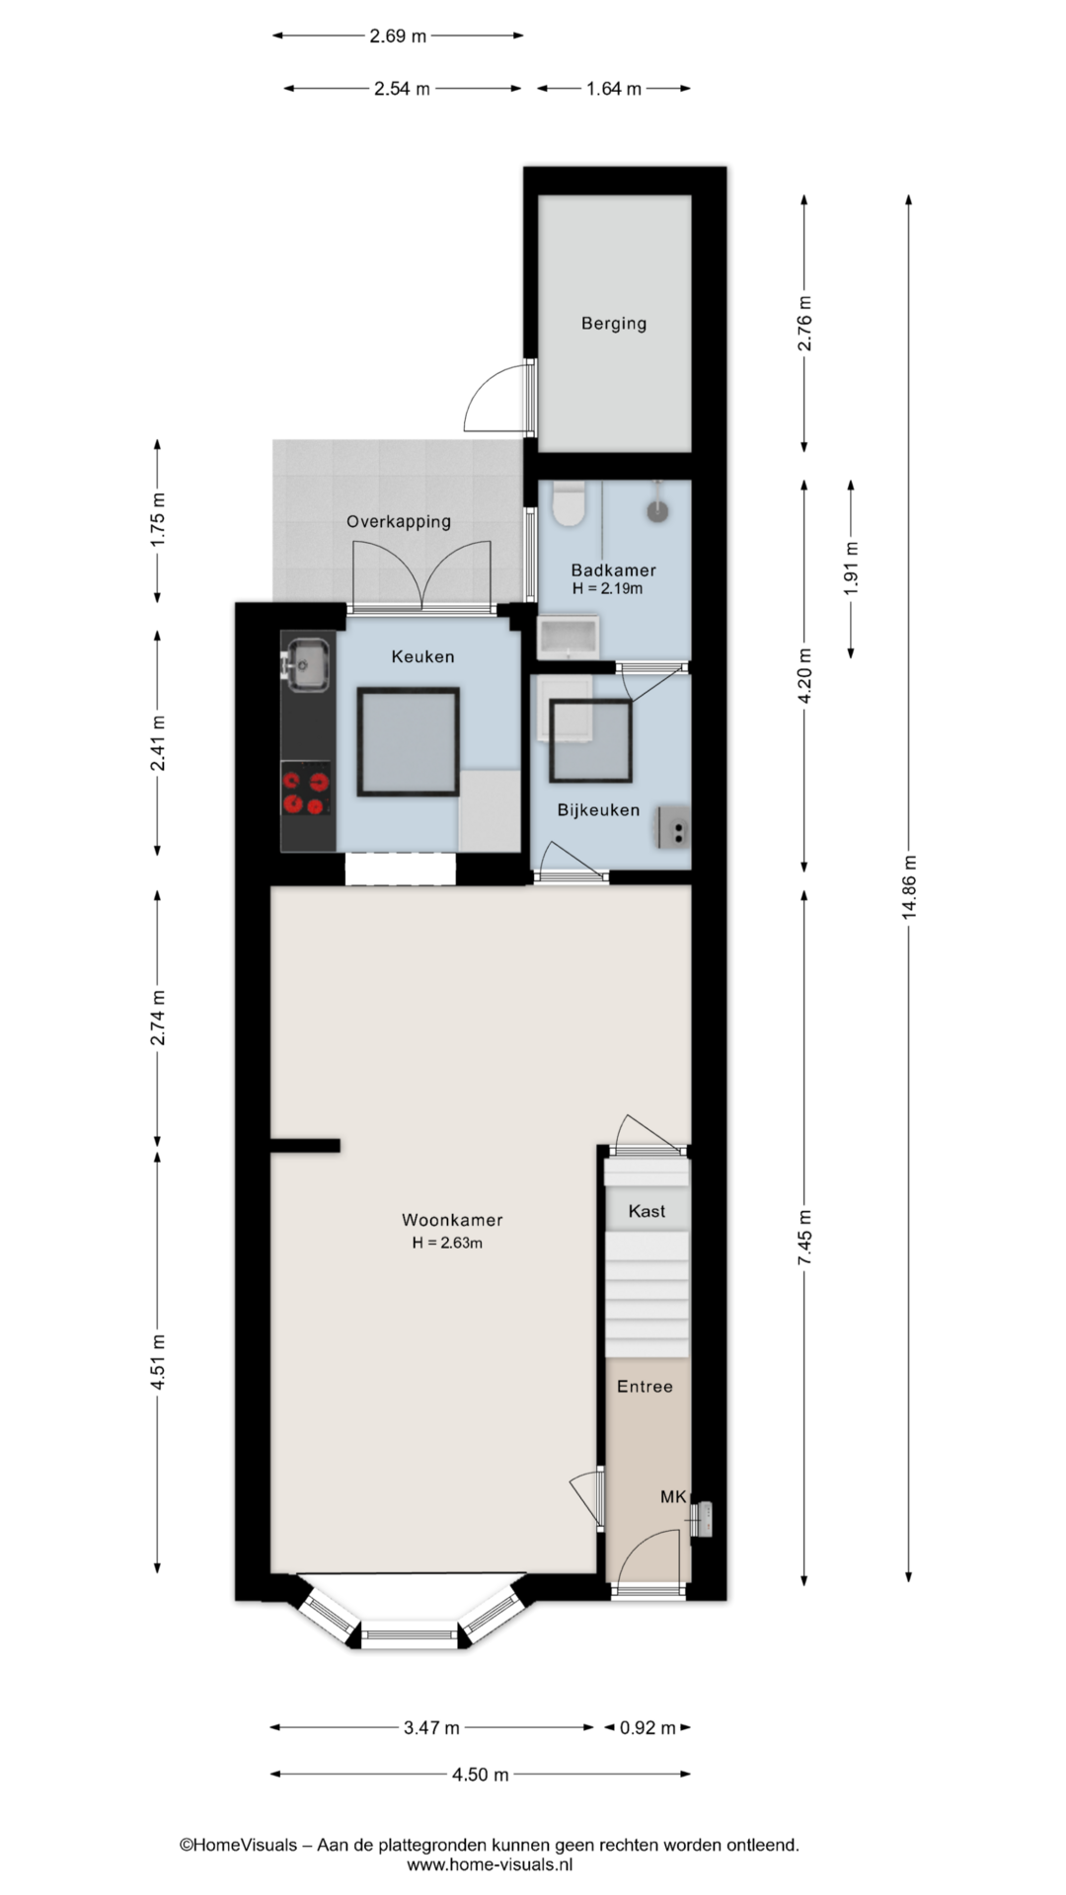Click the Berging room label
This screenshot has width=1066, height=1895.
click(x=614, y=323)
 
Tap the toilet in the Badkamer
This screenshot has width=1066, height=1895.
click(x=568, y=502)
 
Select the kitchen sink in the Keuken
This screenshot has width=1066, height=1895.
click(x=307, y=663)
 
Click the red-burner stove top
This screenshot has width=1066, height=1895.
click(x=306, y=792)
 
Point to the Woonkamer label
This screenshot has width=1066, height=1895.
click(x=452, y=1220)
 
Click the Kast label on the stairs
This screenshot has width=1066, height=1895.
click(x=647, y=1211)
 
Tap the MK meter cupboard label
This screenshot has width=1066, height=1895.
click(x=673, y=1497)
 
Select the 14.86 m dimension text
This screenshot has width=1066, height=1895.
click(x=909, y=887)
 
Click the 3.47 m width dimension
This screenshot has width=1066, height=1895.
click(x=431, y=1727)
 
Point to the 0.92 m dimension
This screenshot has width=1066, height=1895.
click(x=647, y=1727)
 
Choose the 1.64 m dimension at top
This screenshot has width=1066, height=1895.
click(x=614, y=89)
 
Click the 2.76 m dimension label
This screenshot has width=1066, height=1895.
click(x=805, y=323)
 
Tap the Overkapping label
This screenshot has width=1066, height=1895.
click(x=399, y=521)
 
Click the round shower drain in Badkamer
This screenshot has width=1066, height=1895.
click(x=657, y=510)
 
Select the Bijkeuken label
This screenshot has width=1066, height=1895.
click(x=598, y=810)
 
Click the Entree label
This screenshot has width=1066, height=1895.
click(x=645, y=1387)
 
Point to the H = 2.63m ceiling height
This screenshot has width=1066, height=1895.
click(x=447, y=1244)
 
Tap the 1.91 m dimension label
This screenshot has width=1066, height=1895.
click(x=852, y=568)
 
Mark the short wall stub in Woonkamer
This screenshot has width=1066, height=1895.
click(x=305, y=1146)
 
